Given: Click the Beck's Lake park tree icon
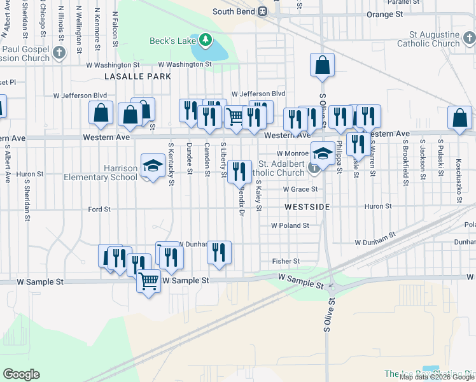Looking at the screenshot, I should (x=205, y=41).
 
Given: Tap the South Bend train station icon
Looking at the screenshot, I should (x=262, y=11).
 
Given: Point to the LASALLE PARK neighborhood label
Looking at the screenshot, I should (x=137, y=76).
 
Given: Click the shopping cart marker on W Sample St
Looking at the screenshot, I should (x=148, y=280).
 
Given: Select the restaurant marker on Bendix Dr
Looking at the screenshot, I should (x=239, y=171).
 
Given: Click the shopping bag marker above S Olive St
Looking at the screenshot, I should (x=323, y=65).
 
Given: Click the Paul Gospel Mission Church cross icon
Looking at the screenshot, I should (x=59, y=52).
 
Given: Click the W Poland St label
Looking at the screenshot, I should (x=290, y=225).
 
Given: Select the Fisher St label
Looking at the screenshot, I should (x=286, y=261).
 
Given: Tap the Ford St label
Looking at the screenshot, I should (x=99, y=209).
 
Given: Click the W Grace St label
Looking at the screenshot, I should (x=300, y=189).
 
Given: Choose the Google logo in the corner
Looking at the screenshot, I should (x=21, y=374).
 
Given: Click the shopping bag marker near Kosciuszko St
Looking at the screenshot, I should (x=459, y=118).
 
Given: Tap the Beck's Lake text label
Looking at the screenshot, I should (x=172, y=41).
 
